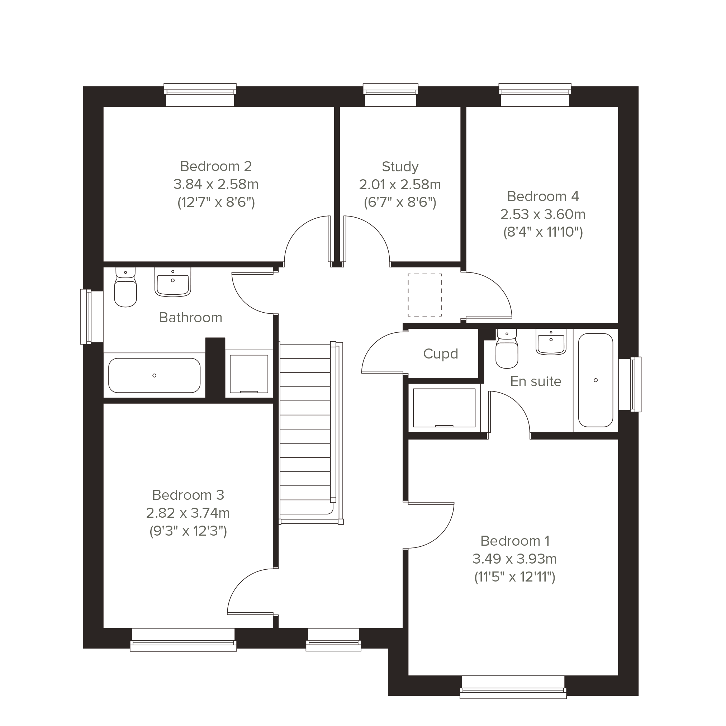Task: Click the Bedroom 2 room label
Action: click(216, 166)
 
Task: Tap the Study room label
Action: click(400, 166)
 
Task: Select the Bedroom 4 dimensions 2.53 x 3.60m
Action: click(543, 214)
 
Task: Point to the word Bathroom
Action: click(190, 318)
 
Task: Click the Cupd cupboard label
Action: click(440, 354)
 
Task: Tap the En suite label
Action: click(536, 381)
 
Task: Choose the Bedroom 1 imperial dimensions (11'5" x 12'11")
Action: click(514, 577)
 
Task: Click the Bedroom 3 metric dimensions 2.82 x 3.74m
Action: click(188, 513)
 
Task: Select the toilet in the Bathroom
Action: click(125, 287)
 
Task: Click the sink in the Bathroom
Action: click(172, 282)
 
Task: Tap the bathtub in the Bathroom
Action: click(155, 375)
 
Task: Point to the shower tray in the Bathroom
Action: click(249, 374)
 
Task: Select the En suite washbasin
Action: click(551, 342)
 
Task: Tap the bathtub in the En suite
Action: click(595, 380)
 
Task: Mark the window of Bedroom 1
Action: click(513, 687)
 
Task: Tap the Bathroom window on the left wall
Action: click(91, 317)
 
